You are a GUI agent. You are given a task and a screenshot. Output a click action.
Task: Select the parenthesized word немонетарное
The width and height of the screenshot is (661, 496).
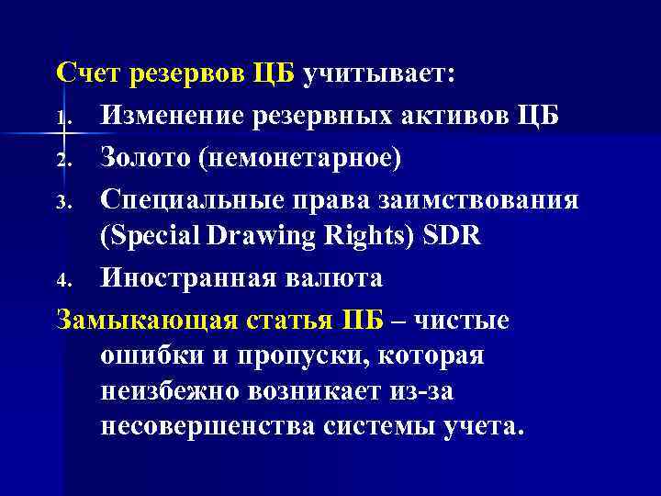click(308, 158)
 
